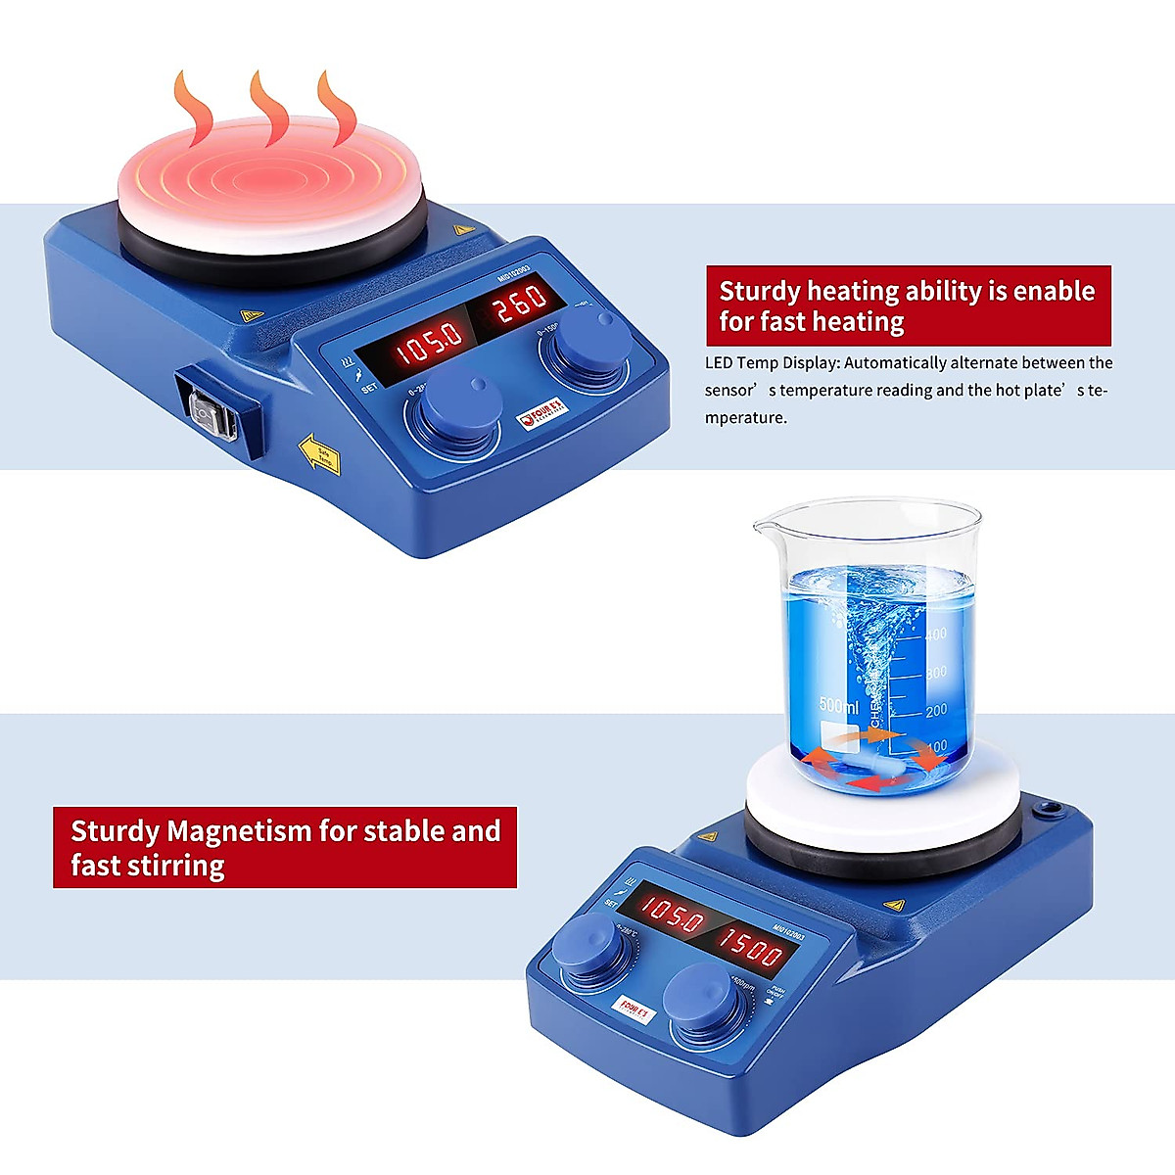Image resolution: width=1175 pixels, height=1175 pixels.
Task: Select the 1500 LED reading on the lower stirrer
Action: [x=751, y=947]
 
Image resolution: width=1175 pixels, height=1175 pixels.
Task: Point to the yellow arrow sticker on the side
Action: [x=319, y=454]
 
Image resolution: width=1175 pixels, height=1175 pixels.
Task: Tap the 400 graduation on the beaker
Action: [x=936, y=634]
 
